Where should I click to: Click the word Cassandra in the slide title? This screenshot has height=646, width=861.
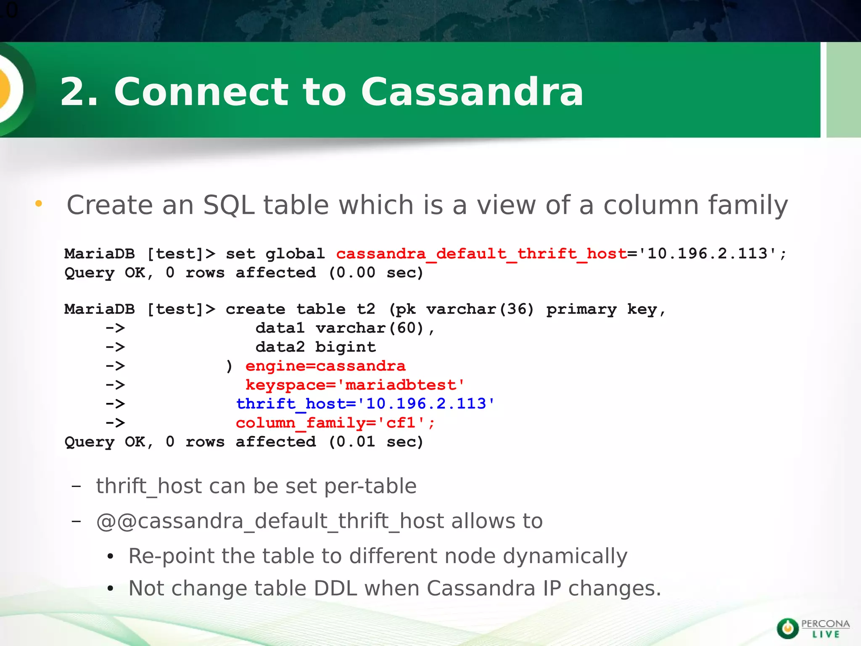point(472,92)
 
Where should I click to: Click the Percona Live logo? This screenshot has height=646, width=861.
point(813,629)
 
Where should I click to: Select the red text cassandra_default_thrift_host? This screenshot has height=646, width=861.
point(481,254)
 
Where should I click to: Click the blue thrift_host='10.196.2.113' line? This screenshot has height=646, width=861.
point(365,404)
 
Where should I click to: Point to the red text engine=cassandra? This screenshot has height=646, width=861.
point(325,366)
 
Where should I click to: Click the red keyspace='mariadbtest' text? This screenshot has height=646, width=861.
point(355,385)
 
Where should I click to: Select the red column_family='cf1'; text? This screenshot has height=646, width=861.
point(335,423)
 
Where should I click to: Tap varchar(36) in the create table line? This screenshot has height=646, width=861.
point(480,310)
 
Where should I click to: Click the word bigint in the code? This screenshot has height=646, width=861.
point(345,347)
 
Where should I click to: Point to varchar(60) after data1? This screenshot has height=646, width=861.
point(370,328)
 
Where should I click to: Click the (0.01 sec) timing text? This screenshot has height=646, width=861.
point(375,442)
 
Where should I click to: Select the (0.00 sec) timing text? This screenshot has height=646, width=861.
point(375,273)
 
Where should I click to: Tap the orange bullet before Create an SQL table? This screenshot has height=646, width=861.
point(39,204)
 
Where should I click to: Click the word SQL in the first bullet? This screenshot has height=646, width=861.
point(229,205)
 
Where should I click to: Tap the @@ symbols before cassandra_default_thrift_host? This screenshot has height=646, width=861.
point(116,522)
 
